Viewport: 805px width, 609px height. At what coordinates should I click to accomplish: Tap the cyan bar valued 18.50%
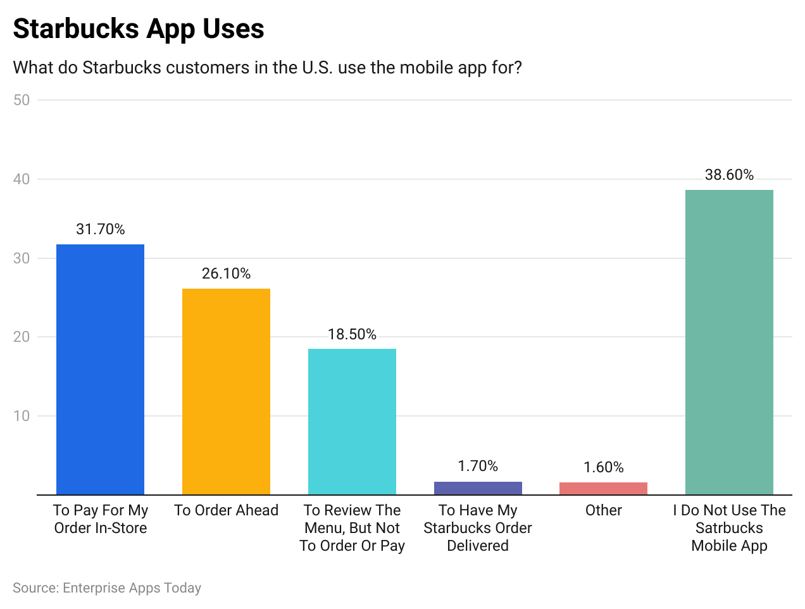(x=352, y=422)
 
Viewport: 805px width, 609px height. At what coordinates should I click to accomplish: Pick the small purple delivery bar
(x=478, y=488)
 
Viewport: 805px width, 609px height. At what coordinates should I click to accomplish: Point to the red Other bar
(x=603, y=489)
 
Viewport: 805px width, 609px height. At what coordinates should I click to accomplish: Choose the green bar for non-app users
(x=729, y=342)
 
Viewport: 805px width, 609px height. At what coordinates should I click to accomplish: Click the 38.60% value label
(x=729, y=175)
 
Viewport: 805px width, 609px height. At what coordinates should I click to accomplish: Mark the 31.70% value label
(x=101, y=229)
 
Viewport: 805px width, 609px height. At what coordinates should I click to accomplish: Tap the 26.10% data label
(x=226, y=273)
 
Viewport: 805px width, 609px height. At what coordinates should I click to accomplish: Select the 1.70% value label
(x=478, y=466)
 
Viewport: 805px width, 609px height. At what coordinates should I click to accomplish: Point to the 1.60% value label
(x=603, y=467)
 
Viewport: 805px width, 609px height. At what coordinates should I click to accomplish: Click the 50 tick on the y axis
(x=22, y=100)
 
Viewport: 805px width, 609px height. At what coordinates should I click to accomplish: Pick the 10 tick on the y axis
(x=22, y=416)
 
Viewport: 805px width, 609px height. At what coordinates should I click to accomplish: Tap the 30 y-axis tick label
(x=22, y=258)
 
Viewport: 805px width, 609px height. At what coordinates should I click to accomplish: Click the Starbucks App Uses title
(x=139, y=29)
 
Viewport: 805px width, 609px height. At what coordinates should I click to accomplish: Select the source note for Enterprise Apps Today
(x=107, y=588)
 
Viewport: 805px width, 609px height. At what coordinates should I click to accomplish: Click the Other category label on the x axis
(x=603, y=510)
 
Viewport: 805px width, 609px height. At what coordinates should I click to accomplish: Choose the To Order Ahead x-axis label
(x=226, y=510)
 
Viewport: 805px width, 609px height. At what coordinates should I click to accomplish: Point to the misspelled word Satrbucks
(x=729, y=528)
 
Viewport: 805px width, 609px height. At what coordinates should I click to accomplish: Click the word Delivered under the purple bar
(x=478, y=546)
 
